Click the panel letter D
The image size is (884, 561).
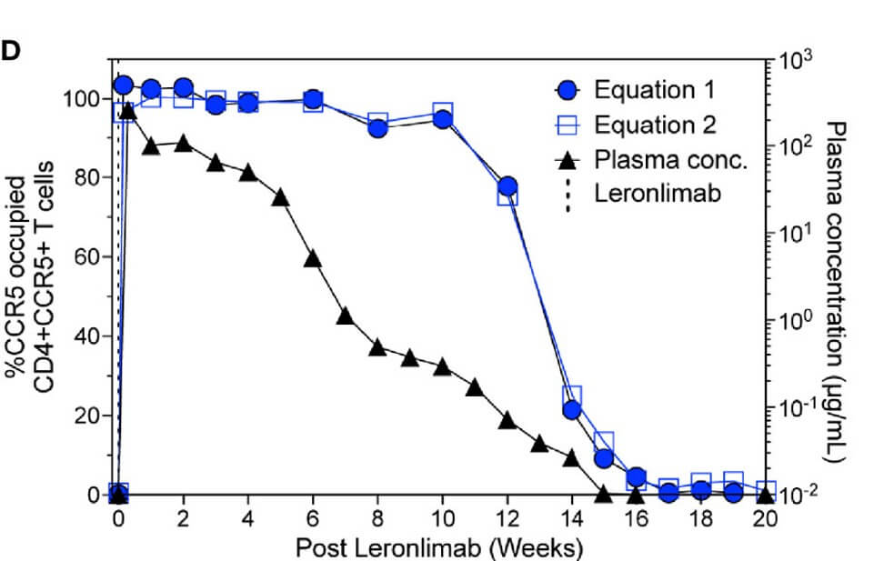point(10,52)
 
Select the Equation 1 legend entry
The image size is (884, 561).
point(653,90)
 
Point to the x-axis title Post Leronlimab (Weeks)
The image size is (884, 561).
point(438,547)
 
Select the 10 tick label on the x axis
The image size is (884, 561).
point(442,518)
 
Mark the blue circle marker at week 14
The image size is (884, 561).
point(572,410)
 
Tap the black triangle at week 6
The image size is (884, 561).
point(313,258)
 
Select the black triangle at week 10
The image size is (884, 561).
point(443,366)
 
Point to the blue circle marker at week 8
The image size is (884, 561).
point(377,128)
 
